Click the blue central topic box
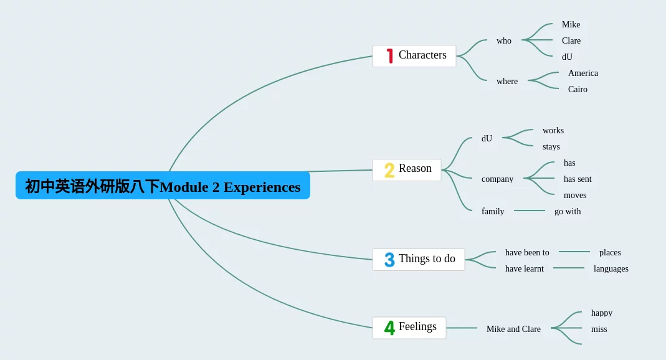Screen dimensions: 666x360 (163, 186)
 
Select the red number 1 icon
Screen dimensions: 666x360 (389, 56)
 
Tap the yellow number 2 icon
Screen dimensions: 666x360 (389, 170)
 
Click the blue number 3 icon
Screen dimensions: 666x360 (389, 260)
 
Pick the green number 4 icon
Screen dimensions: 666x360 (389, 328)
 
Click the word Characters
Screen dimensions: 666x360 (422, 55)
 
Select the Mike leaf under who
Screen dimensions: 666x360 (571, 25)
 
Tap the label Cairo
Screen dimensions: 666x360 (578, 89)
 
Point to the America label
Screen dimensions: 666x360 (583, 73)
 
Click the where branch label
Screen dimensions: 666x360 (507, 81)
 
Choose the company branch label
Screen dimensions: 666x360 (497, 179)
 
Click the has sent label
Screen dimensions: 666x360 (578, 179)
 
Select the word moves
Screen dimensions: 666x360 (575, 196)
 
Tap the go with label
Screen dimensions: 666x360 (568, 211)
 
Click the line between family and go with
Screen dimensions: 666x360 (529, 211)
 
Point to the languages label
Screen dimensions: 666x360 (611, 268)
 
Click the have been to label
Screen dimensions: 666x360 (527, 253)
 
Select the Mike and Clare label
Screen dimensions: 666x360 (513, 329)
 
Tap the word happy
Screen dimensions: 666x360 (602, 313)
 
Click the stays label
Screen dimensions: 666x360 (551, 147)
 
